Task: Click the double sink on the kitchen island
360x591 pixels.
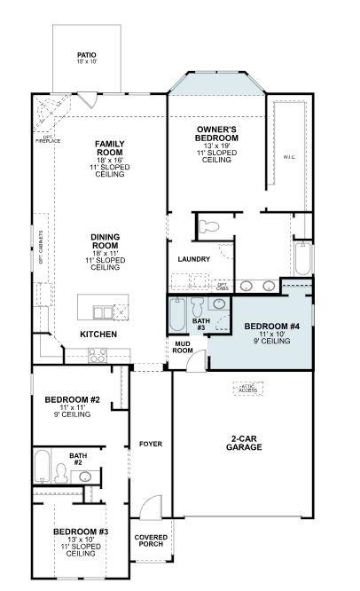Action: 106,312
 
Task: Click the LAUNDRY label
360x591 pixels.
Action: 193,259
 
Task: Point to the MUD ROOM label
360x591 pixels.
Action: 182,347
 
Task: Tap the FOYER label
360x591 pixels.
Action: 150,443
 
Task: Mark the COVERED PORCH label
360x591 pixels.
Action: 151,541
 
